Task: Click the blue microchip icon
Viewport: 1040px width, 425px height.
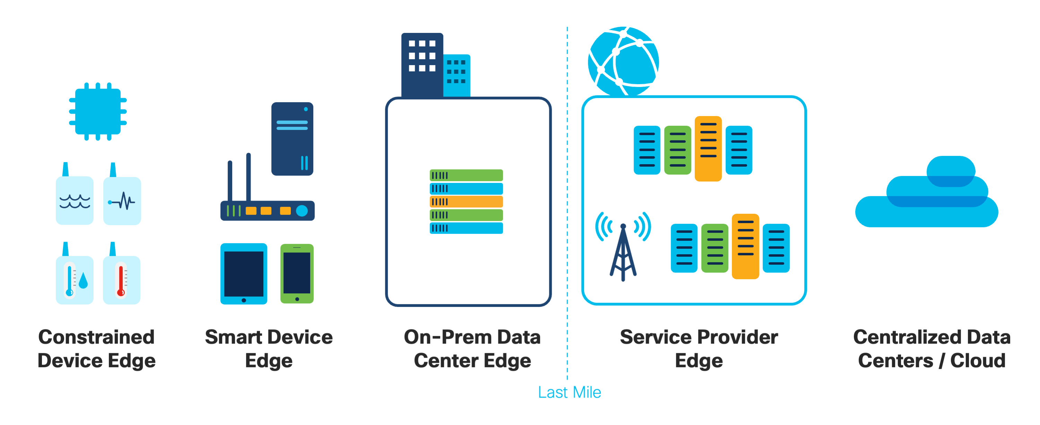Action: (98, 112)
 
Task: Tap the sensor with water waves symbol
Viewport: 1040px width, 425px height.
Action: (75, 200)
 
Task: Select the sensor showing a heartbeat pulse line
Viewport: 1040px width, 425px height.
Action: (122, 201)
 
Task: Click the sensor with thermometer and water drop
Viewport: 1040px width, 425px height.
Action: (75, 280)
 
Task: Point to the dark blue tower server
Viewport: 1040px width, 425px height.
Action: (292, 139)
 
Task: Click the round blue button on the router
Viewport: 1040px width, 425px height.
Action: (301, 211)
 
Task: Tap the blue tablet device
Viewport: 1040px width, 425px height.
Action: (243, 273)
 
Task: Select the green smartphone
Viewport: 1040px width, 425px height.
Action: (297, 273)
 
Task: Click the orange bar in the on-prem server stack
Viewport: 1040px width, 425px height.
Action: (466, 201)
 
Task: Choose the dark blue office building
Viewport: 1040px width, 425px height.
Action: (421, 64)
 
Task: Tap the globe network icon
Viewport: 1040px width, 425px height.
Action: (623, 61)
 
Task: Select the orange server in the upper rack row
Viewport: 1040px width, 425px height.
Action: (708, 149)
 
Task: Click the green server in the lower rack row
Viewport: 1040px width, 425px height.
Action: (715, 248)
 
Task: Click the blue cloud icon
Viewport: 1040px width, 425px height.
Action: (927, 198)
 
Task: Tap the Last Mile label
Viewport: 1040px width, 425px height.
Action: (569, 392)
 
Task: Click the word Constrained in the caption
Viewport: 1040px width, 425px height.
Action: (96, 337)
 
